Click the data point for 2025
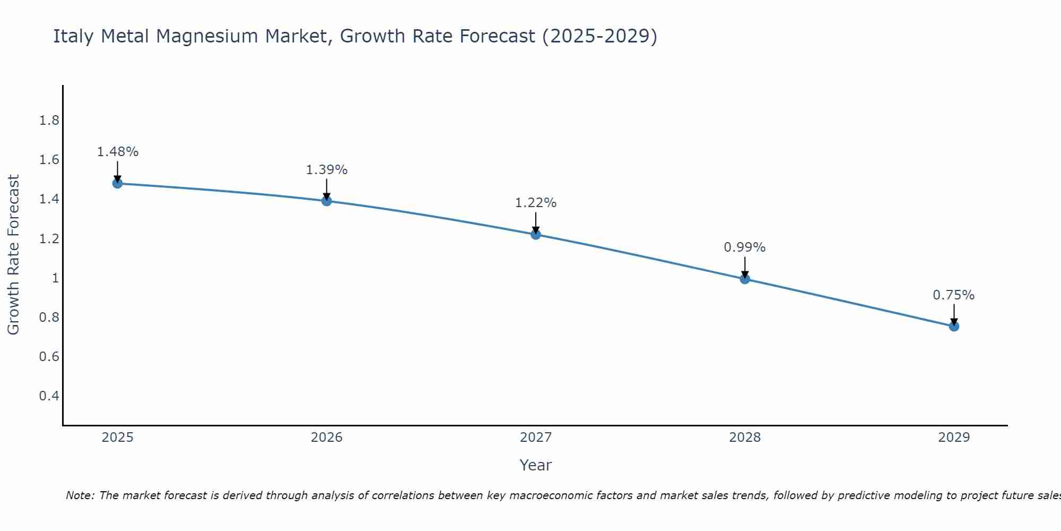pyautogui.click(x=117, y=183)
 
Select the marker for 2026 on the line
pyautogui.click(x=327, y=201)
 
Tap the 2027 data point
pyautogui.click(x=536, y=234)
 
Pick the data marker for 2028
pyautogui.click(x=745, y=279)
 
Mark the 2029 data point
pyautogui.click(x=954, y=326)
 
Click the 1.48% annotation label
pyautogui.click(x=117, y=152)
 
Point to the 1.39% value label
pyautogui.click(x=327, y=170)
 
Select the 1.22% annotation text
pyautogui.click(x=536, y=203)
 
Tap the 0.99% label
pyautogui.click(x=745, y=247)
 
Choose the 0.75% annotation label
pyautogui.click(x=954, y=295)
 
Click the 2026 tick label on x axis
pyautogui.click(x=327, y=438)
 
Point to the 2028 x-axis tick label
pyautogui.click(x=745, y=438)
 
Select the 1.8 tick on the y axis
pyautogui.click(x=49, y=121)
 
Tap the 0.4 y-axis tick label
pyautogui.click(x=49, y=396)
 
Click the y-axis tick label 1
pyautogui.click(x=55, y=278)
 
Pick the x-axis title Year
pyautogui.click(x=536, y=465)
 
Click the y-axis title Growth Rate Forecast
pyautogui.click(x=13, y=255)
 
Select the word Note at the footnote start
pyautogui.click(x=80, y=495)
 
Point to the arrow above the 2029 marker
pyautogui.click(x=954, y=314)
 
